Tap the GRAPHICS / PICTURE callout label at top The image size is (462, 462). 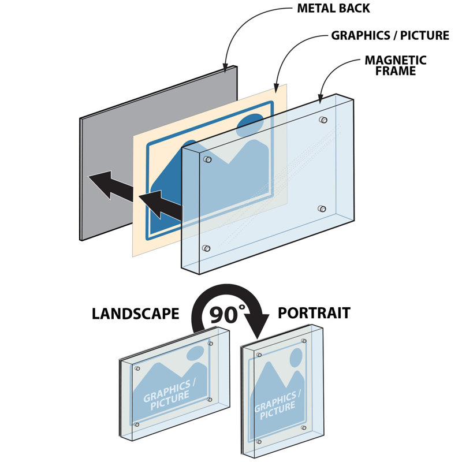click(x=390, y=36)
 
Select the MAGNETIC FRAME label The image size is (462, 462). click(x=396, y=65)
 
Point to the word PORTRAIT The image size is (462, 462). click(x=314, y=313)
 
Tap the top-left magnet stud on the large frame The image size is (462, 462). click(x=208, y=159)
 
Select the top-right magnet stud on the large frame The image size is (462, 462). click(x=322, y=121)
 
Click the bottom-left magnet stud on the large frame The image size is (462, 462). click(x=207, y=248)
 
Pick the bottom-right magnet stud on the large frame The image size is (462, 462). click(x=322, y=208)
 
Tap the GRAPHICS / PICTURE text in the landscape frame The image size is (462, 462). click(x=167, y=396)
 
